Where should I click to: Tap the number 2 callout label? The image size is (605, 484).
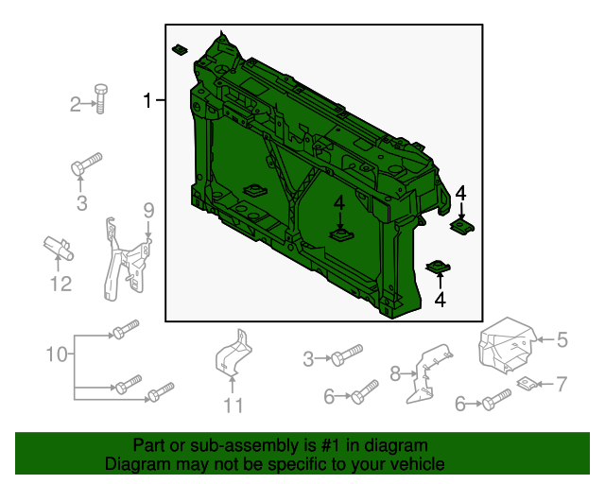tap(77, 105)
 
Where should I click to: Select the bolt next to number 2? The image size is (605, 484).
tap(100, 96)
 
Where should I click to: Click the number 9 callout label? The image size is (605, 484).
tap(148, 209)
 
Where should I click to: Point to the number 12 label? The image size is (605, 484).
tap(60, 284)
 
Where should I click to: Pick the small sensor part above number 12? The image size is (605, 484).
tap(59, 249)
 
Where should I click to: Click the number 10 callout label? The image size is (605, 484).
tap(57, 355)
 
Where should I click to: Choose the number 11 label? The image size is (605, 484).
tap(233, 406)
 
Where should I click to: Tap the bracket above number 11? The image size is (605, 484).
tap(233, 354)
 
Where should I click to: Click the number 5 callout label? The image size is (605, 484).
tap(562, 338)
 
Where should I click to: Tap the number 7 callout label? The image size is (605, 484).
tap(561, 384)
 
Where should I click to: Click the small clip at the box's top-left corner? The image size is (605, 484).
tap(179, 48)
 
